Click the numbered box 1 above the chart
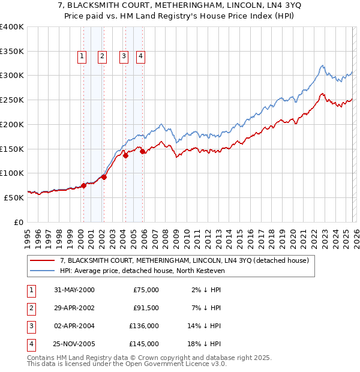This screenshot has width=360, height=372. click(x=82, y=56)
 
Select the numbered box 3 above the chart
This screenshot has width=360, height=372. click(x=123, y=56)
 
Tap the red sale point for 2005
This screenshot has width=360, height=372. click(x=143, y=152)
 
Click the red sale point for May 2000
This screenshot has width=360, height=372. click(x=84, y=185)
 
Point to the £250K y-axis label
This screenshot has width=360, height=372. click(x=12, y=100)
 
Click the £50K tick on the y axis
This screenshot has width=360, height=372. click(x=14, y=197)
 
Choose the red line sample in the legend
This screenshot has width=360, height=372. click(x=43, y=261)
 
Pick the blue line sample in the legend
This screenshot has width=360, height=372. click(x=43, y=271)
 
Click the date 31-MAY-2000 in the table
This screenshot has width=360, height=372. click(x=74, y=290)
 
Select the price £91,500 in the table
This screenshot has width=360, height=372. click(x=146, y=308)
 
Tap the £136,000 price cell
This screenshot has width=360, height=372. click(x=145, y=326)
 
